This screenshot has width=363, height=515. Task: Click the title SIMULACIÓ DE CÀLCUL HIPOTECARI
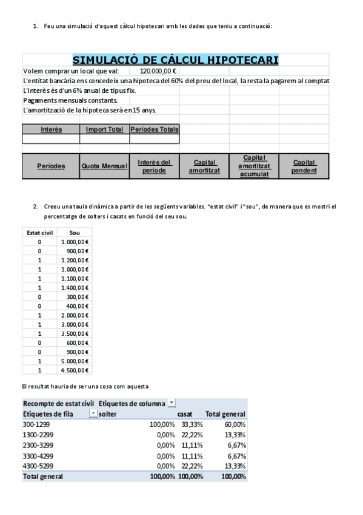(x=175, y=60)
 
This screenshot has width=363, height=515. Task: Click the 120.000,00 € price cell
(x=154, y=70)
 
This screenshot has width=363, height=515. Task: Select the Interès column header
(x=51, y=129)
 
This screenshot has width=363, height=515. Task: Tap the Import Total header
(x=104, y=129)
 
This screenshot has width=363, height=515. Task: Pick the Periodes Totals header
(x=155, y=129)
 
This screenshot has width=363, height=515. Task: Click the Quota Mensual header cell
(x=104, y=166)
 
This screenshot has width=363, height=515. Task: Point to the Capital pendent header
(x=304, y=166)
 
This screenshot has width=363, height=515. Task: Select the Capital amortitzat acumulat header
(x=254, y=166)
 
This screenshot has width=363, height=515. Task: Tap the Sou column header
(x=75, y=232)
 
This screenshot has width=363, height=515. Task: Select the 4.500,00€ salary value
(x=75, y=370)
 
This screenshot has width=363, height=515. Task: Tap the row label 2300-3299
(x=39, y=445)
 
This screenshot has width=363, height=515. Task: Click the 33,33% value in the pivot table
(x=191, y=425)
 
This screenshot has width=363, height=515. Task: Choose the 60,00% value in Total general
(x=235, y=425)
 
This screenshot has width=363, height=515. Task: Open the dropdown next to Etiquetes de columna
(x=172, y=403)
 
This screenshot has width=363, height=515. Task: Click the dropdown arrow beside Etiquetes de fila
(x=93, y=414)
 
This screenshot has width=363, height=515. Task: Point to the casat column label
(x=184, y=414)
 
